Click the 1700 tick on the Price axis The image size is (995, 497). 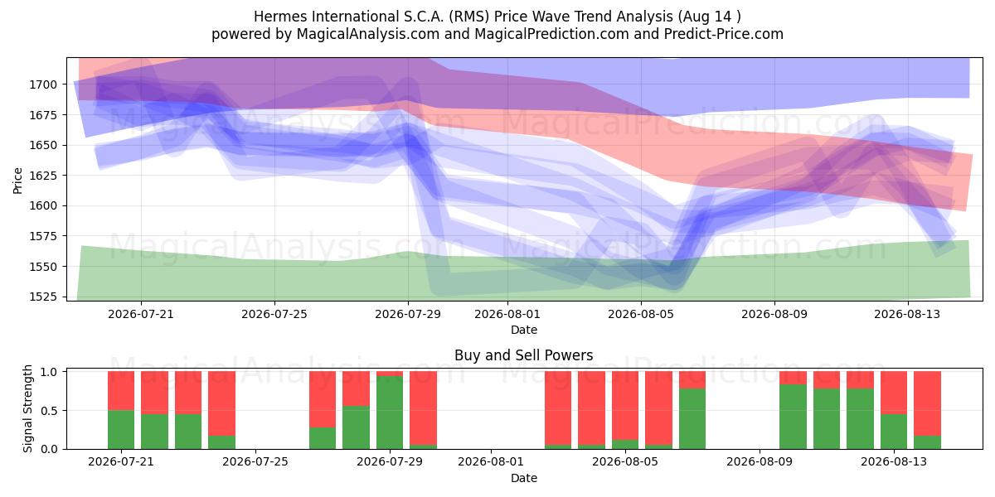[43, 84]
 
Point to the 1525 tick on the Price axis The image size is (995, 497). [43, 297]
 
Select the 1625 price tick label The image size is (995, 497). [43, 176]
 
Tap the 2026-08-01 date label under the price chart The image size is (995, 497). [507, 314]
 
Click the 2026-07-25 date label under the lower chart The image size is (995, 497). [255, 461]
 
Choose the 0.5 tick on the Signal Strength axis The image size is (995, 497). [49, 411]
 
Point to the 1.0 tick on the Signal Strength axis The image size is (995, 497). [49, 372]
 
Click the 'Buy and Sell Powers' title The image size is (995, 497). [524, 355]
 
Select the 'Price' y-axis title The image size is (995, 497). [17, 181]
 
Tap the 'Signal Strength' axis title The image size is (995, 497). [27, 408]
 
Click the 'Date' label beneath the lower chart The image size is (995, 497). [524, 478]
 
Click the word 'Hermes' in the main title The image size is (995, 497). [280, 17]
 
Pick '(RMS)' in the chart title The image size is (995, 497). [469, 17]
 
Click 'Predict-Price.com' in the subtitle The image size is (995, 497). [724, 34]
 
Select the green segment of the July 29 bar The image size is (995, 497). [390, 413]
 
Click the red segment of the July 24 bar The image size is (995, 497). [221, 403]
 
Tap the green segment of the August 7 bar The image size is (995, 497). [692, 418]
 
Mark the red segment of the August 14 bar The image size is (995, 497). [928, 403]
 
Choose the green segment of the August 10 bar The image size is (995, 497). [794, 417]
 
